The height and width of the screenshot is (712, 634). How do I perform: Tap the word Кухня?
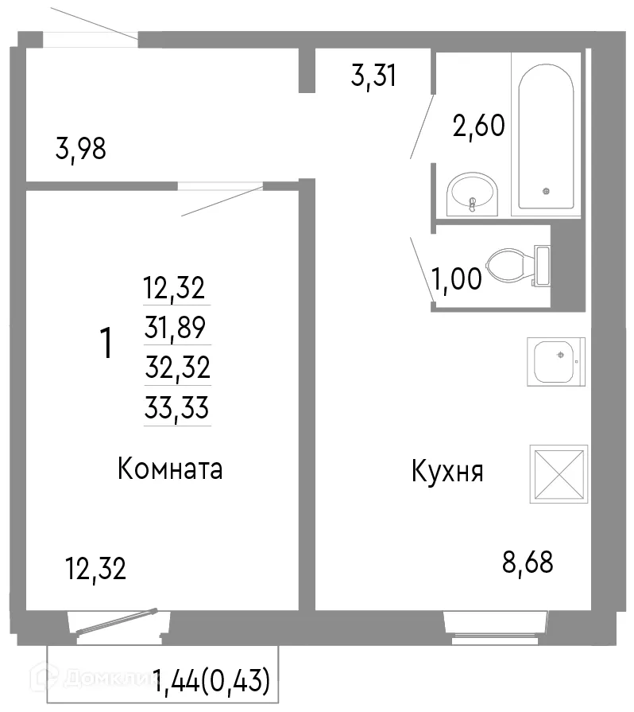click(x=447, y=472)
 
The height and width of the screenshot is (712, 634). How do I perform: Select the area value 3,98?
click(x=81, y=149)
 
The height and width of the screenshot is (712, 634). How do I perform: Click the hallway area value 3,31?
click(x=373, y=77)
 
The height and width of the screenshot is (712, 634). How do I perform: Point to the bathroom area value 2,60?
click(x=478, y=126)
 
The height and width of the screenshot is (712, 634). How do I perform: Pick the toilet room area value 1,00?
click(x=456, y=279)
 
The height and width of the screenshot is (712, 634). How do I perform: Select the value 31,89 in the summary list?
click(x=176, y=326)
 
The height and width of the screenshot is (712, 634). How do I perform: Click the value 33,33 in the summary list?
click(x=176, y=409)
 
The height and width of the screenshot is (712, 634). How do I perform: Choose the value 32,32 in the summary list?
click(x=176, y=368)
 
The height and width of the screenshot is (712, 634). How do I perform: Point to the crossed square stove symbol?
click(x=559, y=474)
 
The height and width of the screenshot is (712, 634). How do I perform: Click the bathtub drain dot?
click(x=545, y=191)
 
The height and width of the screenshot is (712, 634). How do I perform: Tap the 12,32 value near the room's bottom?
click(x=95, y=570)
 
